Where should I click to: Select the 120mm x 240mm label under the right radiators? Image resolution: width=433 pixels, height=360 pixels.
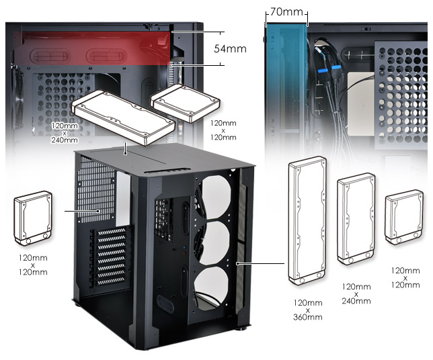click(356, 294)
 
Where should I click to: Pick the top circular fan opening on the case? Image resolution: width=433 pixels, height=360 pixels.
click(216, 194)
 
